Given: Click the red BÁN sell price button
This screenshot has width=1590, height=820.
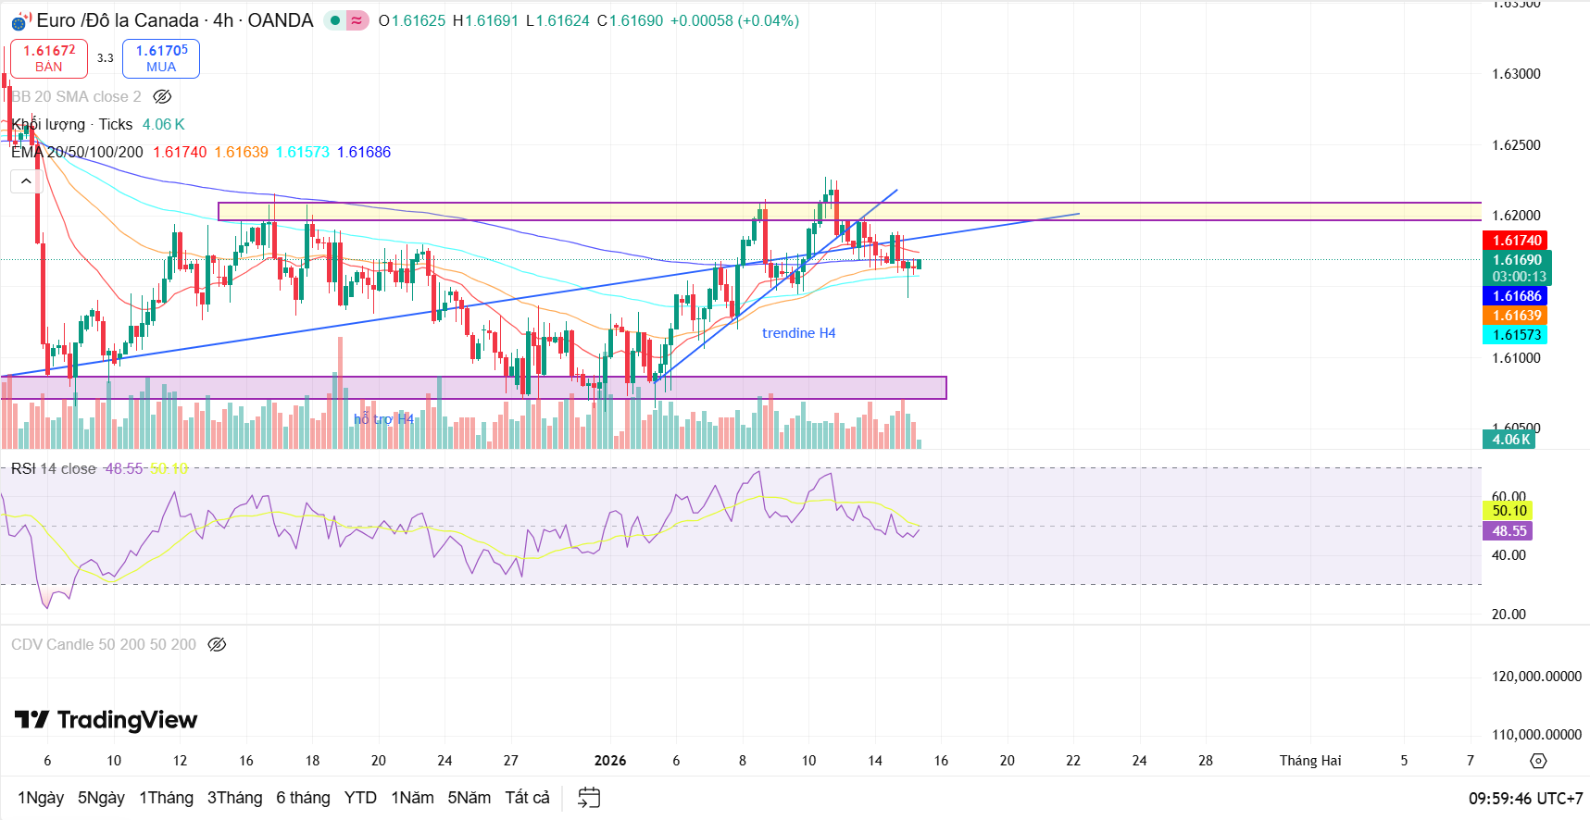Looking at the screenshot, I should [x=49, y=58].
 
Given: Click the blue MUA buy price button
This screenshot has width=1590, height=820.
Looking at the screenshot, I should [x=161, y=58].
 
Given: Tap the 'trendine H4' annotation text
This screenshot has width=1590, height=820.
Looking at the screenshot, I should [x=798, y=333].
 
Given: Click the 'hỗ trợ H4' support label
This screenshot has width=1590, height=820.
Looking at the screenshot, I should [x=383, y=419].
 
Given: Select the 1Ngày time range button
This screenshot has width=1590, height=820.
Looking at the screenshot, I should [x=41, y=798].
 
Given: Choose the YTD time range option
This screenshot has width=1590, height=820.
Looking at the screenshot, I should [x=360, y=798].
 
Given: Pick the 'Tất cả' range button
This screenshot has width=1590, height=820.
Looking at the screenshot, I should [x=527, y=798].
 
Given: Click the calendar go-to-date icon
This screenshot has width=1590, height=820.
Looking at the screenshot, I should [x=589, y=798].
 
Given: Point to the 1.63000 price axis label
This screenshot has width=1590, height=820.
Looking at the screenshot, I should [x=1516, y=74].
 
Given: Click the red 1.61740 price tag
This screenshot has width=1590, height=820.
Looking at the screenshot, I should [x=1516, y=241].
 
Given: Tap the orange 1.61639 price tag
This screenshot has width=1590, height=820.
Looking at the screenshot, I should [x=1516, y=316].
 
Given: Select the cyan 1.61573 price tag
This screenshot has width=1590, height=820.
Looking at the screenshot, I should [x=1516, y=335].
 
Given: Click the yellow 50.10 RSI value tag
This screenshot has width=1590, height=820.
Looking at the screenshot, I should [x=1509, y=511].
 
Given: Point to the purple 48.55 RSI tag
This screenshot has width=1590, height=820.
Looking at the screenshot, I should [x=1509, y=531].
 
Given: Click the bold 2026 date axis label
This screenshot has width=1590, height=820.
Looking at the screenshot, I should [x=609, y=761].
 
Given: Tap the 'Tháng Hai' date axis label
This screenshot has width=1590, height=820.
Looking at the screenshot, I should [x=1309, y=761].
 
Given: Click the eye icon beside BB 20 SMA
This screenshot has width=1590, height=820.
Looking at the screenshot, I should [x=162, y=97].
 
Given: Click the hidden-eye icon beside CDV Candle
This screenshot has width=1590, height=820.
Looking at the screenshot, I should [x=217, y=645].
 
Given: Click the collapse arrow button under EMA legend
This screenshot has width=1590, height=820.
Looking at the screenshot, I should [x=26, y=181].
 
